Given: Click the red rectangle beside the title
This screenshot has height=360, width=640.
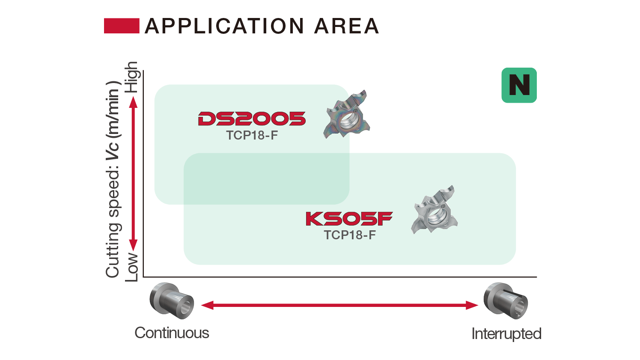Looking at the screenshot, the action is click(x=122, y=26).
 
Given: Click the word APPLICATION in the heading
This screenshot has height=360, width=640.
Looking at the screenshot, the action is click(x=225, y=26).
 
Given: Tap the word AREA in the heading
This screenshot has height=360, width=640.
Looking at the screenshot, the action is click(x=347, y=26).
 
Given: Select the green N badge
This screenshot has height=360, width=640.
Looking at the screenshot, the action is click(x=519, y=85).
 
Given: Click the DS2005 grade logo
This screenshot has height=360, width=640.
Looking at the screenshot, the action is click(x=252, y=119).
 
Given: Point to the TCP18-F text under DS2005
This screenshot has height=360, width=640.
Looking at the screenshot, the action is click(x=252, y=135).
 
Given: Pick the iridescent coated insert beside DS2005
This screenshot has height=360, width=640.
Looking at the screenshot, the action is click(x=346, y=114).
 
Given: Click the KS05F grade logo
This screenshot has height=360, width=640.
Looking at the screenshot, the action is click(x=349, y=219).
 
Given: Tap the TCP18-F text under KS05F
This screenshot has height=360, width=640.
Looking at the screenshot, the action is click(x=350, y=235).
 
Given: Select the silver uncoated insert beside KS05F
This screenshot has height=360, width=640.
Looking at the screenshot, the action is click(x=434, y=210).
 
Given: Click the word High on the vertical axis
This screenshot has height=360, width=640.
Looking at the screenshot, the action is click(x=132, y=77).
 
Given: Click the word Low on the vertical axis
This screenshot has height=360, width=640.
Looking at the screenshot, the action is click(x=132, y=267).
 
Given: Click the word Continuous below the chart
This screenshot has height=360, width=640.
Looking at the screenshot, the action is click(x=172, y=333).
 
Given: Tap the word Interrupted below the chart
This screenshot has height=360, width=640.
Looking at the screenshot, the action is click(x=506, y=333).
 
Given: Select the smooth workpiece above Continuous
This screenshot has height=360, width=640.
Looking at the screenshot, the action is click(x=172, y=300).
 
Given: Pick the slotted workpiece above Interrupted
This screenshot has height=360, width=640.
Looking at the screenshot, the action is click(x=506, y=300).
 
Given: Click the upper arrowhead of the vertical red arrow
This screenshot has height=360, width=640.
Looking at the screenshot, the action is click(x=133, y=102).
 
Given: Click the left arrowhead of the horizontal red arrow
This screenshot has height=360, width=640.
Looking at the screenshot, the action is click(x=207, y=305).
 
